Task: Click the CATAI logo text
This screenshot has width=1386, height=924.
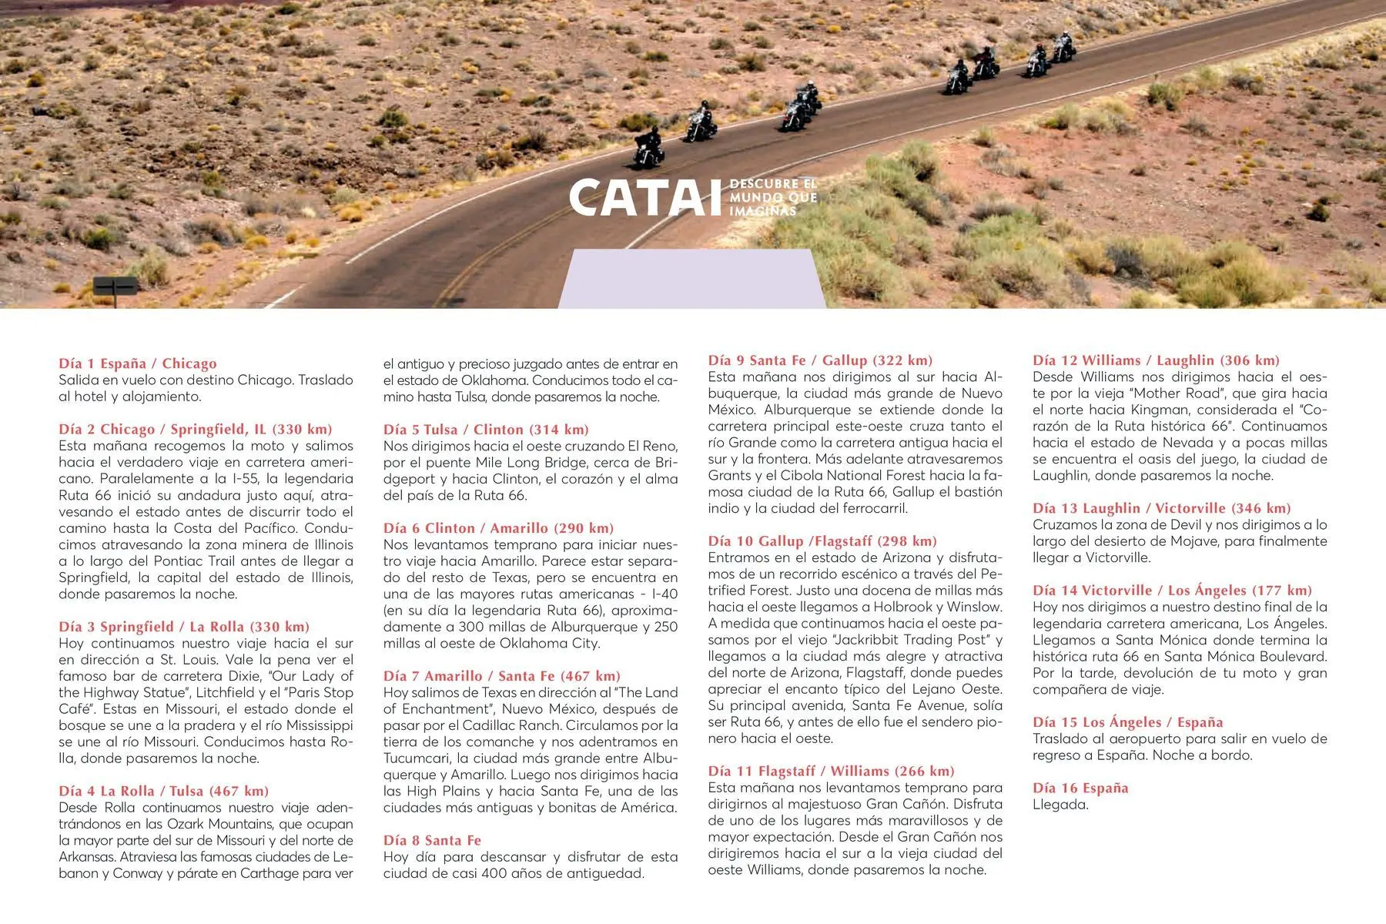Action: [x=638, y=199]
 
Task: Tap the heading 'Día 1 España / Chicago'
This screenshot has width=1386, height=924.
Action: [x=138, y=363]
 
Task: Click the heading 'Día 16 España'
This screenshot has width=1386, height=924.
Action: [x=1080, y=788]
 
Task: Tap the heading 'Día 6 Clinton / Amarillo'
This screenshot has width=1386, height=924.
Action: [x=498, y=528]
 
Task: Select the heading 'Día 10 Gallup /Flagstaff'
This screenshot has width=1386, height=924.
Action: [x=822, y=541]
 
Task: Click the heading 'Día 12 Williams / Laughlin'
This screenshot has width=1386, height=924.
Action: [x=1156, y=360]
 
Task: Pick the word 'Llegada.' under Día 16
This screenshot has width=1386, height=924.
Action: [x=1060, y=805]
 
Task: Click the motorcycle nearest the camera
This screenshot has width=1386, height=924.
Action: [x=648, y=148]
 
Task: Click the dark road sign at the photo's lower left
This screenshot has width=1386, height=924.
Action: [x=115, y=286]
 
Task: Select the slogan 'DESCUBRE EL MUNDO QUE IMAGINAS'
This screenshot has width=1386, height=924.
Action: [x=772, y=197]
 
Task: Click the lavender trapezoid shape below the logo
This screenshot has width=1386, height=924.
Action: [x=691, y=279]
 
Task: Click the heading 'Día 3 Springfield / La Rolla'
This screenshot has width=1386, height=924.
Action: [x=184, y=627]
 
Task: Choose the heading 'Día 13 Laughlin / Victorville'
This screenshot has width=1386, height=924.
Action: [x=1161, y=508]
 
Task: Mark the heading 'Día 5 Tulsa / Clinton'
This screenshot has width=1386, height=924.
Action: [x=486, y=430]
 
